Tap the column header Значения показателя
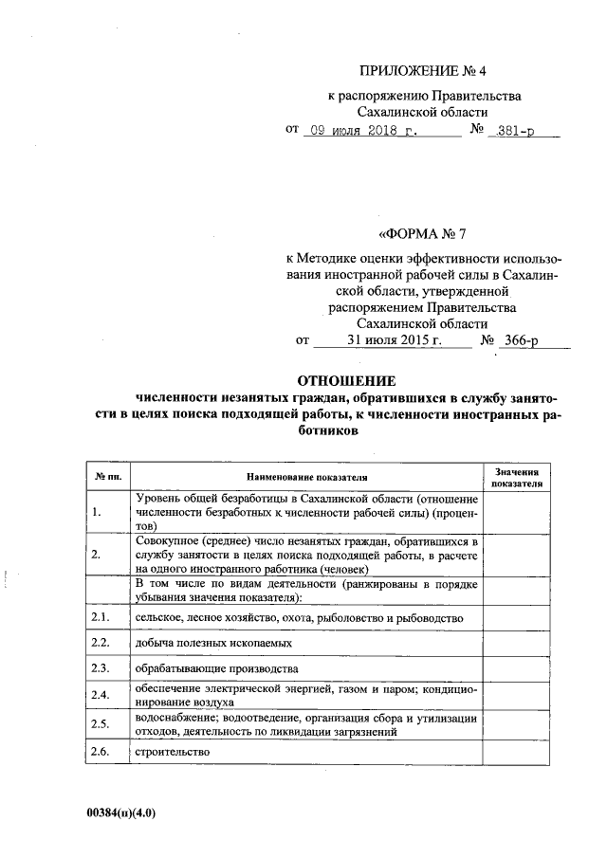tap(516, 477)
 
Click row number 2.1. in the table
tap(101, 617)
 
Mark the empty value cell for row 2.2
tap(516, 643)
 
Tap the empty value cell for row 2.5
tap(516, 724)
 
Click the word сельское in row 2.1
tap(159, 617)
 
